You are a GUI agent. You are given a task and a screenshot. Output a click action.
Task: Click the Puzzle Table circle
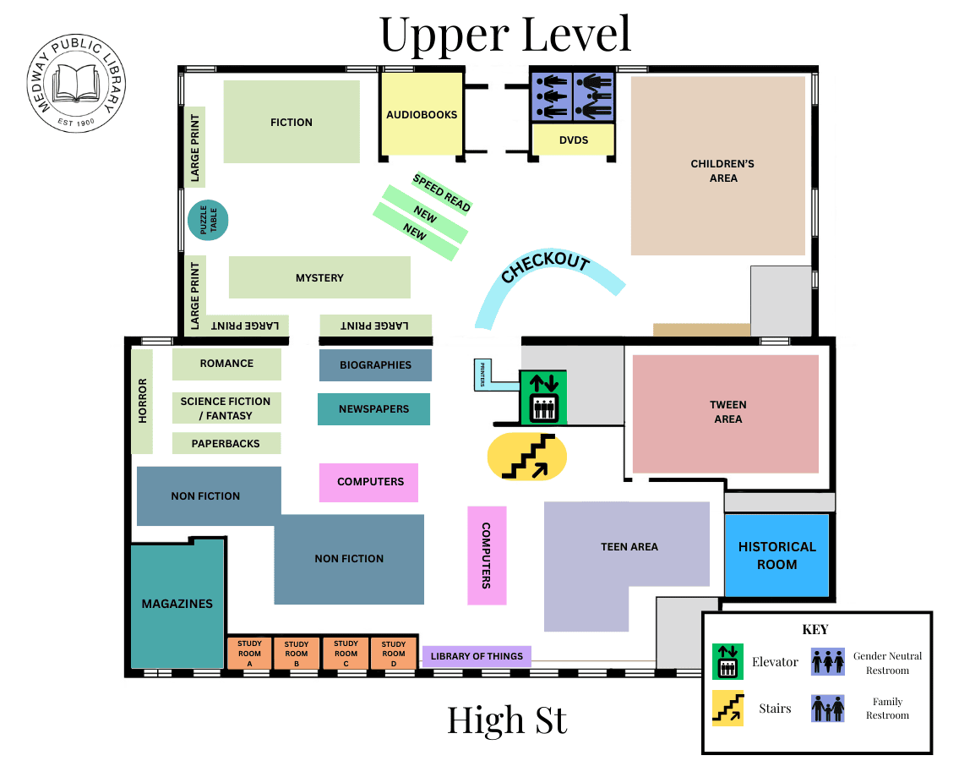pos(208,220)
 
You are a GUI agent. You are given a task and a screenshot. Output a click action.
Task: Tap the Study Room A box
pos(248,654)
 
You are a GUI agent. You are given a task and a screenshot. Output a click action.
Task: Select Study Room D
pos(394,654)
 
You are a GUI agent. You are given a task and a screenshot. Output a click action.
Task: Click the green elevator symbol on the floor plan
pos(542,397)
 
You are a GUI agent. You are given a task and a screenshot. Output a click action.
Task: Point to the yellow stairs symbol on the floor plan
pos(527,458)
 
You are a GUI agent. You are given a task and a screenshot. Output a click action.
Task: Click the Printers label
pos(482,375)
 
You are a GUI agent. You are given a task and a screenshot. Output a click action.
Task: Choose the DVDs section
pos(573,140)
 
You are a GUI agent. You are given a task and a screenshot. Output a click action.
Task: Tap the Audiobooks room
pos(422,115)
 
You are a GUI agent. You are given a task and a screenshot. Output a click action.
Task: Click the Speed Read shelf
pos(441,193)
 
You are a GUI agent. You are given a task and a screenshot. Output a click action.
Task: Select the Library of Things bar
pos(477,656)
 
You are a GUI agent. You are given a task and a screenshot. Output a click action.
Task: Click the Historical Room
pos(776,556)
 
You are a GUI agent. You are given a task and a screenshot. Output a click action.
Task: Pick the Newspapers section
pos(373,409)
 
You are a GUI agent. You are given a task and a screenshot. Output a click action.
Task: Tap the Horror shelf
pos(142,401)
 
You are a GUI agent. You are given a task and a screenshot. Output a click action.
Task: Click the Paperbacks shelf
pos(226,443)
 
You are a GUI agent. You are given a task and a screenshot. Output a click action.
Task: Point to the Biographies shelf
pos(375,365)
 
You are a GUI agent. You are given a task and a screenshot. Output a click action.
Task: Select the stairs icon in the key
pos(727,709)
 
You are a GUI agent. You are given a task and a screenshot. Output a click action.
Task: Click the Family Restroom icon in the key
pos(827,709)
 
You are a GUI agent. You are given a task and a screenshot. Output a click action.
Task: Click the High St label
pos(507,720)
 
